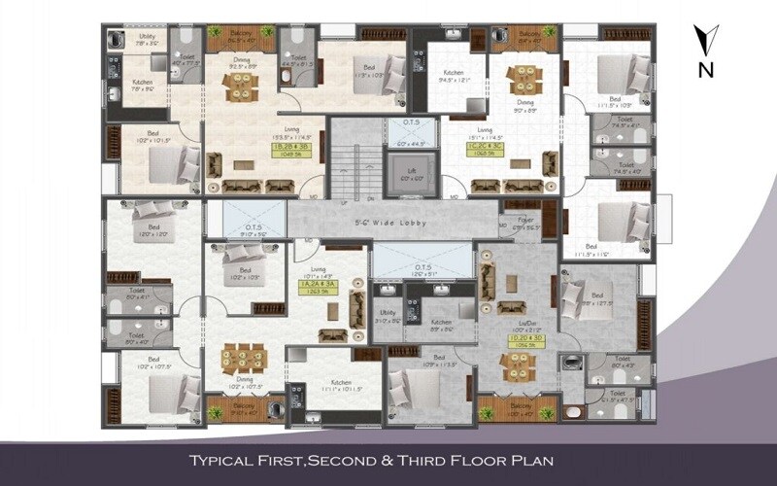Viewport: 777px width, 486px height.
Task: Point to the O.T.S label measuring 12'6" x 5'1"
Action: pos(422,268)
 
